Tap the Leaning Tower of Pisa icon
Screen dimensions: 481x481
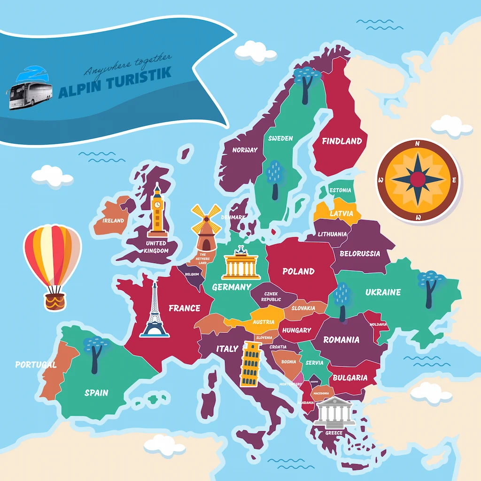coord(251,364)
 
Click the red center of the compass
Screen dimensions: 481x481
coord(418,179)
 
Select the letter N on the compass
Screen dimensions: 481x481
coord(417,144)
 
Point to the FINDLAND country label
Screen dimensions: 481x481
coord(341,141)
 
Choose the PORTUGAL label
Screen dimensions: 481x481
coord(36,365)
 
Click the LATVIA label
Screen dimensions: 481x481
coord(341,213)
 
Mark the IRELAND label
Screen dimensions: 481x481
coord(113,220)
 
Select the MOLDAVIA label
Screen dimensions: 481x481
coord(378,325)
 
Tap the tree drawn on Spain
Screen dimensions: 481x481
coord(94,355)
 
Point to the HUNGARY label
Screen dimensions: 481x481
coord(296,330)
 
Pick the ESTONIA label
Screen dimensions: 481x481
coord(340,190)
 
